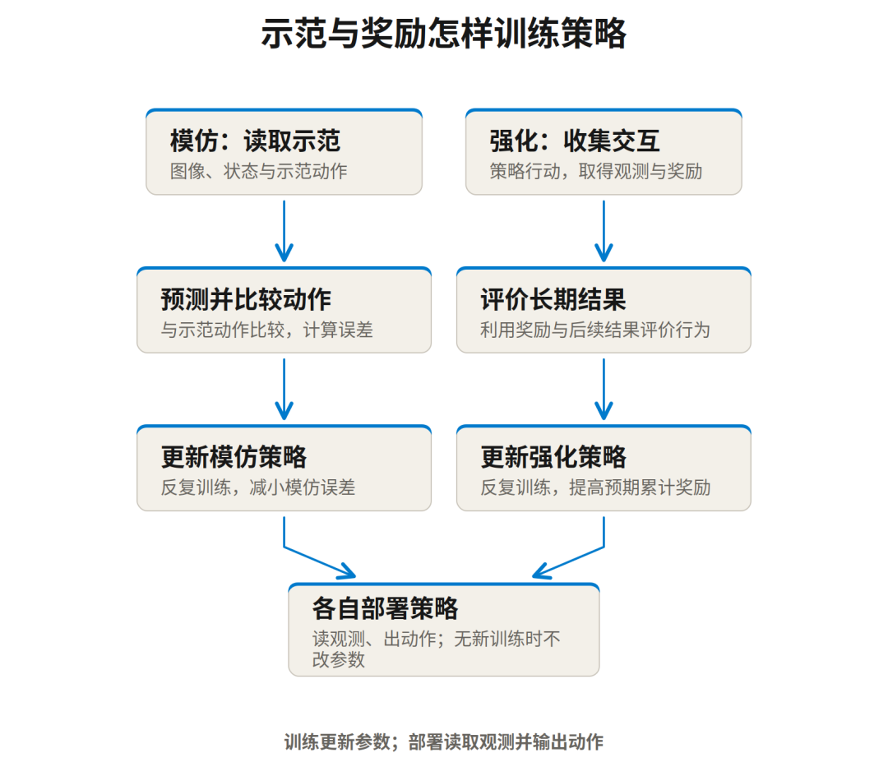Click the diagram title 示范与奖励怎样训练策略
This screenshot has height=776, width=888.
tap(443, 34)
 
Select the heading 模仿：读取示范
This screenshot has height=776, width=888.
tap(255, 141)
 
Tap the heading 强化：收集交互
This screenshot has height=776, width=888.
tap(574, 141)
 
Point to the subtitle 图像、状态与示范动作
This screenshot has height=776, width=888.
tap(258, 172)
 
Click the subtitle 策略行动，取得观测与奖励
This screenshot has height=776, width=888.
tap(596, 172)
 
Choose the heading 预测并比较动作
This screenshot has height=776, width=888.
tap(246, 299)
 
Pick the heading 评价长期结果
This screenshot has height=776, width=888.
tap(553, 299)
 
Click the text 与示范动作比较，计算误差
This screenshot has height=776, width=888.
tap(266, 330)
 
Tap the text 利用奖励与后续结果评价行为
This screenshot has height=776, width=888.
tap(594, 330)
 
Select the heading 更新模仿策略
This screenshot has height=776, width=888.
tap(234, 457)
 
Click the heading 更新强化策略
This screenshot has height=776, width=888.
tap(553, 457)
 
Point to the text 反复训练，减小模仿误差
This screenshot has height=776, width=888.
tap(257, 488)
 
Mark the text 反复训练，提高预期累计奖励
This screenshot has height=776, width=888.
tap(595, 488)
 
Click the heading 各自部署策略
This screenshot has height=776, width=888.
tap(385, 609)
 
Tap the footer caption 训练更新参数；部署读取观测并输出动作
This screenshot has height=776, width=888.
tap(443, 742)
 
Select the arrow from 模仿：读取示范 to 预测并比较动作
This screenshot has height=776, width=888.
tap(284, 231)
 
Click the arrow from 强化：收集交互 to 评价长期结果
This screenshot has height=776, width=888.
tap(604, 231)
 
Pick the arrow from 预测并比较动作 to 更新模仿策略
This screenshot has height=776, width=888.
tap(284, 389)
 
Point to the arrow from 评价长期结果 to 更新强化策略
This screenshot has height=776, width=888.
tap(604, 389)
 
